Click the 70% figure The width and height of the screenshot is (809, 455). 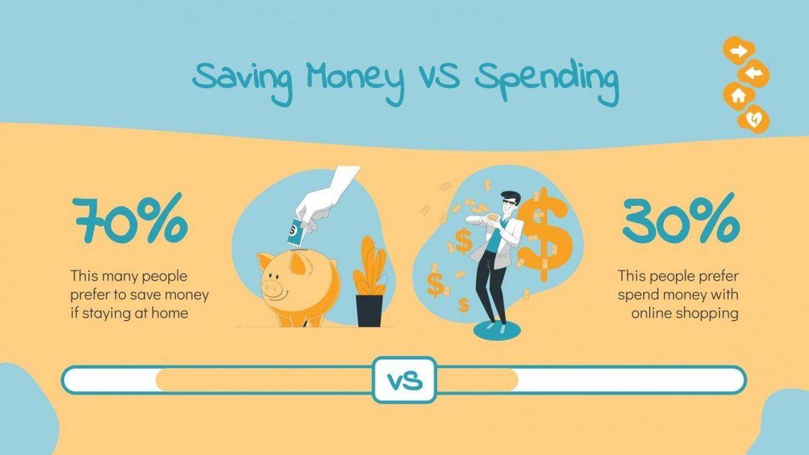click(x=130, y=220)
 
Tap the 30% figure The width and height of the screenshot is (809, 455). click(x=681, y=220)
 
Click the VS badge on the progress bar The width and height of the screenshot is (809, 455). click(x=404, y=380)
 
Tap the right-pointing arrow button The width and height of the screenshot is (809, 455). click(x=739, y=51)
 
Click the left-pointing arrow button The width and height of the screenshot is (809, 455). click(x=754, y=74)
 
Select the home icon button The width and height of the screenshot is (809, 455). click(x=739, y=96)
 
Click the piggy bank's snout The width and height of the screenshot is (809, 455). click(x=272, y=288)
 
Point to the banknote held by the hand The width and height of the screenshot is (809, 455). click(x=295, y=231)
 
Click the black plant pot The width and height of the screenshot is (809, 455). click(x=369, y=311)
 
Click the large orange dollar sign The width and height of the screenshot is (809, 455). click(x=545, y=234)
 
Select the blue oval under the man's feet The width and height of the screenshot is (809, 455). click(x=498, y=330)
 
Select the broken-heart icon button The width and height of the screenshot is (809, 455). click(x=754, y=119)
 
